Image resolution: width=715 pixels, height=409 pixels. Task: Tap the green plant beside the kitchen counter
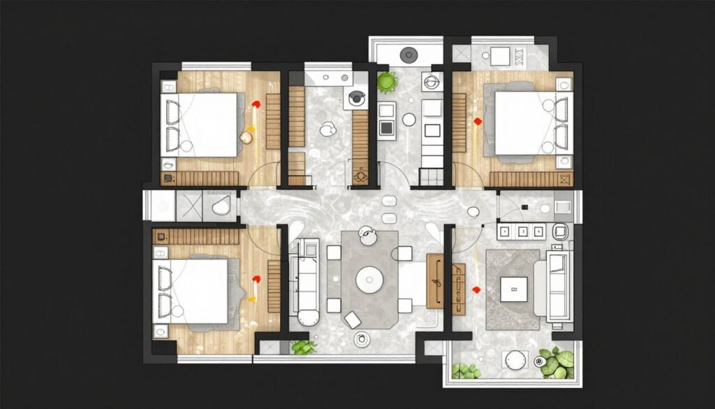click(x=386, y=82)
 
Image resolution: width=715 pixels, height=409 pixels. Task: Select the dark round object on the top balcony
click(x=408, y=53)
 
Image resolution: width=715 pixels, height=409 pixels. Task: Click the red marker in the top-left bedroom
click(x=256, y=104)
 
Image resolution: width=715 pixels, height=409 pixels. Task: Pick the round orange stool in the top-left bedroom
click(x=246, y=137)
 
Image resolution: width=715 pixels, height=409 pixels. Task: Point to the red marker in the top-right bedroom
click(x=478, y=122)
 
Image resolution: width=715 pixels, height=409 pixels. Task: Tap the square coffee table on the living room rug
click(x=514, y=288)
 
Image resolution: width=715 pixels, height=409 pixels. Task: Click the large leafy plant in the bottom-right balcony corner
click(x=557, y=362)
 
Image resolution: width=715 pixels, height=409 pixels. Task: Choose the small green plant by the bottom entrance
click(x=303, y=347)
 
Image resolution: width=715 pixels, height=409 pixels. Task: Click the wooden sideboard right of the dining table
click(x=435, y=280)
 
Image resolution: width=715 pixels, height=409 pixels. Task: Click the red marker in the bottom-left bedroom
click(x=255, y=281)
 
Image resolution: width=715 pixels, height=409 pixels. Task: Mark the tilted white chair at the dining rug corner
click(x=353, y=320)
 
